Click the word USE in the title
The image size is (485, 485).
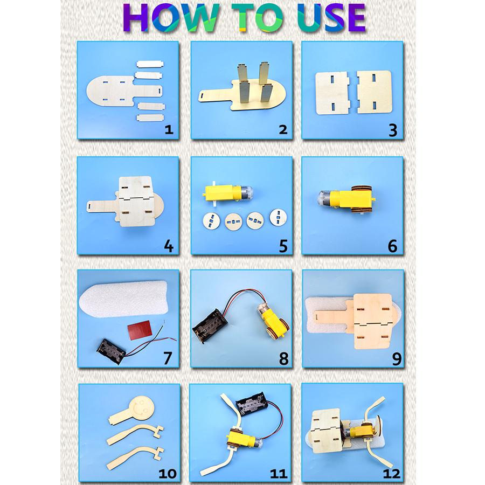tap(332, 18)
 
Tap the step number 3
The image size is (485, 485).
tap(393, 130)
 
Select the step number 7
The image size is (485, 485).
tap(168, 358)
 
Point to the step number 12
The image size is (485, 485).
tap(391, 474)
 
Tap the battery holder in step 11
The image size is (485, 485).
tap(251, 404)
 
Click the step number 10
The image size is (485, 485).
tap(168, 474)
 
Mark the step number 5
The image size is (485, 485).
tap(283, 246)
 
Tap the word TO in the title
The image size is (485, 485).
tap(258, 18)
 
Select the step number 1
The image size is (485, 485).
tap(169, 129)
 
